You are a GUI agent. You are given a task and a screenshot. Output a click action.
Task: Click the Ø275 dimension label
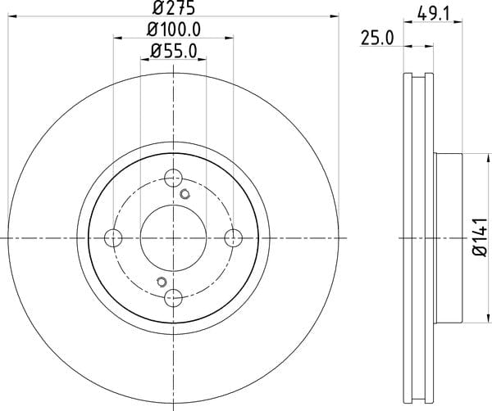click(x=174, y=7)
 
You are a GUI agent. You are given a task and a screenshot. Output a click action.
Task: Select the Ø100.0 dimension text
click(x=174, y=29)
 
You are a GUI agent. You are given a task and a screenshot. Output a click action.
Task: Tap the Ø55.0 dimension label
click(x=174, y=51)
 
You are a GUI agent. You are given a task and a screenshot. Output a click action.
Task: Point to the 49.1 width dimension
click(x=433, y=14)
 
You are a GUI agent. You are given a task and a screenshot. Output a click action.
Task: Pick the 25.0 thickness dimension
click(x=377, y=38)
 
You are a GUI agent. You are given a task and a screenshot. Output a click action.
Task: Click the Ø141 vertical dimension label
click(x=480, y=237)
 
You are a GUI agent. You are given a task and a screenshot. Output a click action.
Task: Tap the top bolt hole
click(x=173, y=178)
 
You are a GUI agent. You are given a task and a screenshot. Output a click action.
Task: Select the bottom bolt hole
click(x=173, y=297)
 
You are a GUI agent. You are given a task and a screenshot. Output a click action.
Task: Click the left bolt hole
click(x=113, y=237)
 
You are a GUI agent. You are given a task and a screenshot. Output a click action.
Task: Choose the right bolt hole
click(x=234, y=237)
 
